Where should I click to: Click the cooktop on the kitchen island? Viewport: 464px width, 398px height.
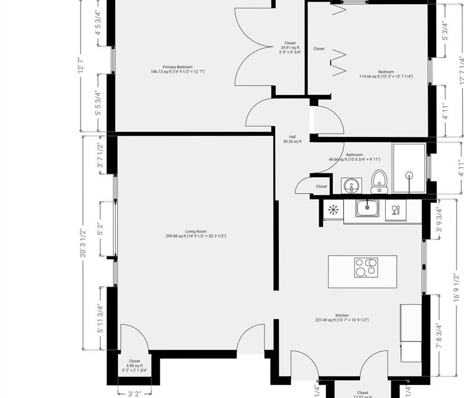coord(365,267)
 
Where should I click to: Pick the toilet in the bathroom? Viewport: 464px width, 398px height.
coord(379,181)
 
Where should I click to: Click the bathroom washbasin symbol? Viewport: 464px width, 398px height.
coord(351,185)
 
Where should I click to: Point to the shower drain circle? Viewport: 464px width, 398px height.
coord(409,176)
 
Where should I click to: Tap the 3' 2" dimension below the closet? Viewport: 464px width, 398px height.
coord(134,393)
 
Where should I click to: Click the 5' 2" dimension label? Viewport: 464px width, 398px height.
coord(100,229)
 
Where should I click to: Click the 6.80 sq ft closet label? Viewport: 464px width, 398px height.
coord(134,366)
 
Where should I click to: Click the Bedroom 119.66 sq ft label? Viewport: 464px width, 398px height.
coord(386,74)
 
